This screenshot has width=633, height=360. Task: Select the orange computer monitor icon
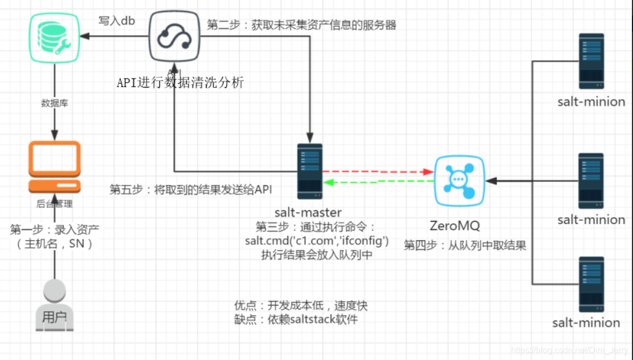(x=54, y=167)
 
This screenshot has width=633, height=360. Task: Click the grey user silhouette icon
(x=54, y=305)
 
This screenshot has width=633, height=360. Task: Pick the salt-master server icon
(x=310, y=171)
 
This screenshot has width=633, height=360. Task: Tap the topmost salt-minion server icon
(x=591, y=61)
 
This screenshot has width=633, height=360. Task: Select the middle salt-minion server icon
(x=591, y=181)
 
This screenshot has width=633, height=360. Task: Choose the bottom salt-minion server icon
(x=591, y=284)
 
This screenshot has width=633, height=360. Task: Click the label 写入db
(x=117, y=21)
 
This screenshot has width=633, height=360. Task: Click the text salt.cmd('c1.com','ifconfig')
(x=316, y=240)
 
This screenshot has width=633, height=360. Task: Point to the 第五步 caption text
(x=191, y=189)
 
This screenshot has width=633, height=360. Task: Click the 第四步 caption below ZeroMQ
(x=465, y=246)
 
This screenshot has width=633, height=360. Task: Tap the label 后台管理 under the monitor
(x=54, y=204)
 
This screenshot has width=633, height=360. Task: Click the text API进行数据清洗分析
(x=181, y=82)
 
